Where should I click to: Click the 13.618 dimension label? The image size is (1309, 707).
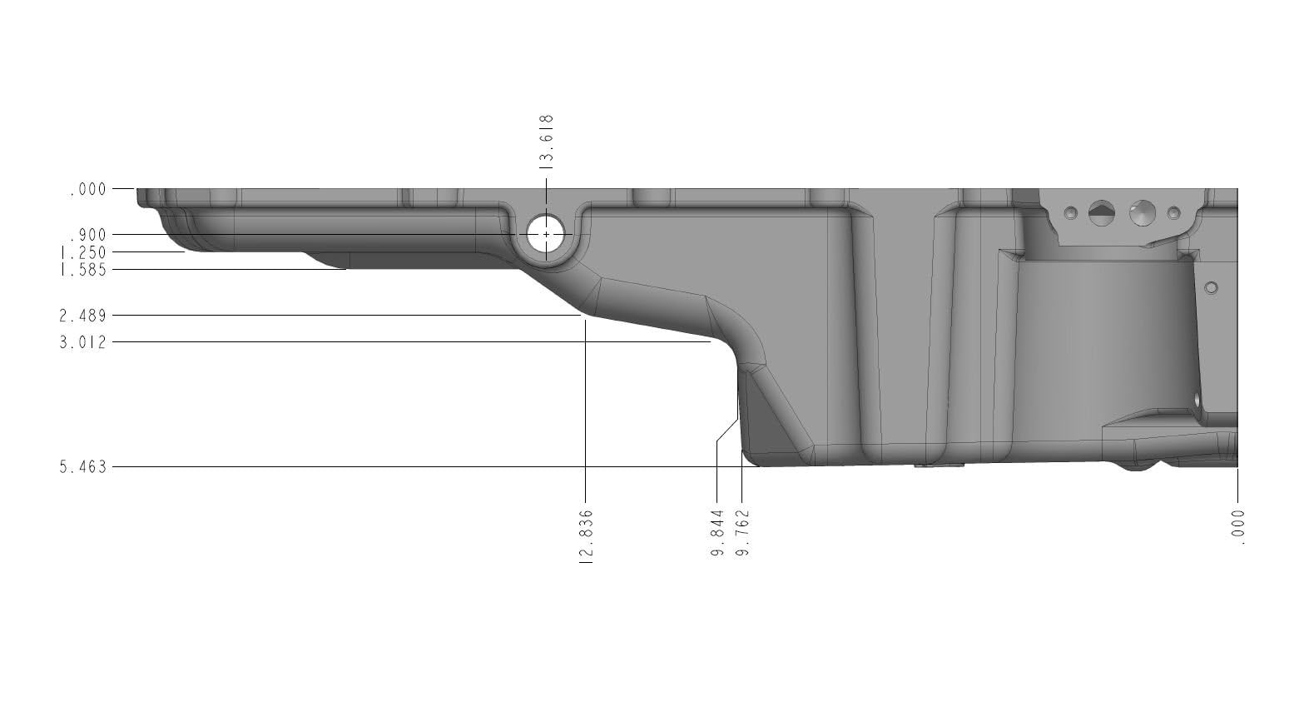[547, 140]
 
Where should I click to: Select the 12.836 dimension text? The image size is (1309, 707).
[585, 537]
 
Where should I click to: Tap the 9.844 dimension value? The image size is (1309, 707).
[717, 533]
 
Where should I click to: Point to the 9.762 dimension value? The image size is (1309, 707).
[742, 533]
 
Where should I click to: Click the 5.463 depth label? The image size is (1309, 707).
[83, 467]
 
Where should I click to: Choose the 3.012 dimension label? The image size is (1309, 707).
[83, 342]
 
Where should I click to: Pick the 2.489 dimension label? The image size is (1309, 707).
[83, 316]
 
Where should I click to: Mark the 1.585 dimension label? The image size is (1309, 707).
[83, 270]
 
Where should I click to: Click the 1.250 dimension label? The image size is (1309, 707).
[83, 252]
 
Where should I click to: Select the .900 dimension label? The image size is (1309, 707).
[87, 235]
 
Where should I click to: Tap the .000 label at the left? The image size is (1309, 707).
[87, 189]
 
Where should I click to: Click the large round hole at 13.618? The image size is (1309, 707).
[546, 235]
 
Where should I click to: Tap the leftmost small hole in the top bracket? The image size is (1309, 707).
[1071, 212]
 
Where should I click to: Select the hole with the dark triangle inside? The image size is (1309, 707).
[1101, 212]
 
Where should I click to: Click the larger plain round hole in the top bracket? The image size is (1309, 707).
[1143, 213]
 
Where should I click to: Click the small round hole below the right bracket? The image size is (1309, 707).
[1211, 288]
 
